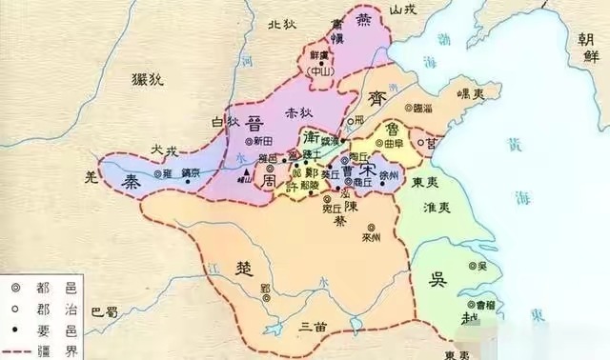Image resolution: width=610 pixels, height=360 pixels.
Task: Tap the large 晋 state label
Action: (x=254, y=127)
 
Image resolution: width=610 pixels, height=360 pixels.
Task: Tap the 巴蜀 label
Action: (x=104, y=310)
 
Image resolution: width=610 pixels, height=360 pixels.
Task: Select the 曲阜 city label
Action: (x=394, y=143)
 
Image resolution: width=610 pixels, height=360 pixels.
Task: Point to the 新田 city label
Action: (x=238, y=142)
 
